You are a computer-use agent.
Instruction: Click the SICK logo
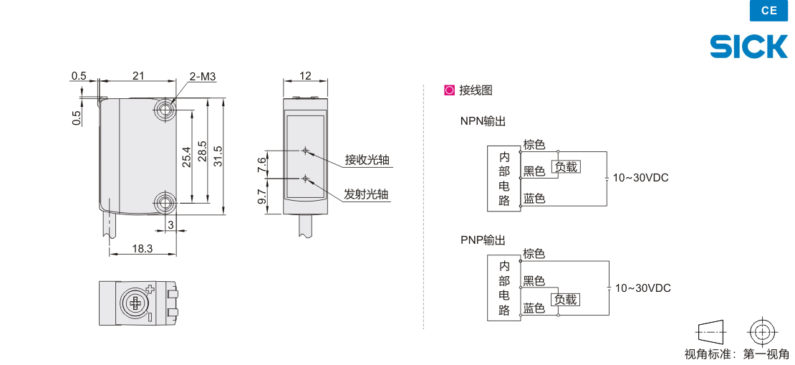coord(748,47)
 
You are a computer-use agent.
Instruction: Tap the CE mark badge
coord(769,11)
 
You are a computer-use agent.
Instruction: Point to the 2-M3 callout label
coord(202,76)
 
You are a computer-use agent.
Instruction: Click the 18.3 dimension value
coord(143,248)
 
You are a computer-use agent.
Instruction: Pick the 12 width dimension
coord(305,75)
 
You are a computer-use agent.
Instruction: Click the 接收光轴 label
coord(367,160)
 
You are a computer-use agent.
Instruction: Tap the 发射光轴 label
coord(367,194)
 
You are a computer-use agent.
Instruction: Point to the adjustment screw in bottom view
coord(135,303)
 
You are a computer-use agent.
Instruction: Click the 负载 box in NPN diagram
coord(566,166)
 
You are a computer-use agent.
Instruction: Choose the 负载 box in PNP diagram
coord(566,299)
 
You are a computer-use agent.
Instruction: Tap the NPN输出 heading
coord(483,121)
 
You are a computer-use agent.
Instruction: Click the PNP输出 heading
coord(483,240)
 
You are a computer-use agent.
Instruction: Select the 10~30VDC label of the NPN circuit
coord(640,178)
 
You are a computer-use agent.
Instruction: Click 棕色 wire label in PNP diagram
coord(534,253)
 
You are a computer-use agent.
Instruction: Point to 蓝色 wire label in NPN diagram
coord(534,198)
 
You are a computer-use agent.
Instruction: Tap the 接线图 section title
coord(476,90)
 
